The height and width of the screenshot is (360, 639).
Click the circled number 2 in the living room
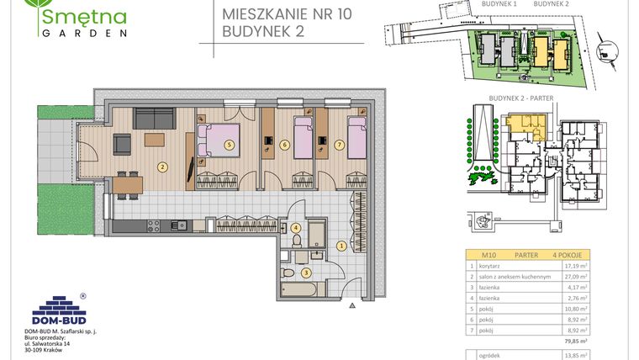pos(161,167)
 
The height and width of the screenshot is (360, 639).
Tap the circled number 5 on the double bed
pos(230,144)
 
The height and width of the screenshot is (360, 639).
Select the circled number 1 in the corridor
pos(341,246)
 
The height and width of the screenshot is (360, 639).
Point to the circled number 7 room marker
pos(339,145)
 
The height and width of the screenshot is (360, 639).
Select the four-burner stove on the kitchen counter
pos(154,225)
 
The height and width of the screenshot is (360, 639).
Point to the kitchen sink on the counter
pos(179,225)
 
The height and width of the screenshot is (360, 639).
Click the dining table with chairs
pos(127,183)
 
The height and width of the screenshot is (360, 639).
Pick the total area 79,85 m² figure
pos(575,341)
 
